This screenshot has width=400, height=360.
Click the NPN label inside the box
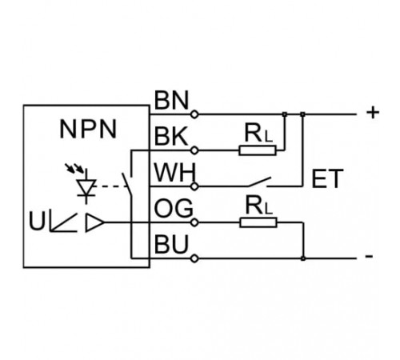[x=88, y=130]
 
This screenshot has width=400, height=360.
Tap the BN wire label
[x=171, y=100]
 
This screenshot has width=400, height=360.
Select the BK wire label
[x=171, y=136]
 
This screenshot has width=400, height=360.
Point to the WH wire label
[x=175, y=173]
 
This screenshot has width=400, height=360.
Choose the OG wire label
[x=174, y=208]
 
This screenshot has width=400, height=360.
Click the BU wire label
[x=171, y=244]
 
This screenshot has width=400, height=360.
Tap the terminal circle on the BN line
[x=194, y=114]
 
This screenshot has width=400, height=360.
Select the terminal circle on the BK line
[x=194, y=150]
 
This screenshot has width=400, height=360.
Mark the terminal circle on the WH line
[x=194, y=186]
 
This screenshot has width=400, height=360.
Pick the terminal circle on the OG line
[x=194, y=222]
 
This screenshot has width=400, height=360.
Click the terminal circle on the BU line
[x=194, y=258]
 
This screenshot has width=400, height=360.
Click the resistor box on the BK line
[x=258, y=150]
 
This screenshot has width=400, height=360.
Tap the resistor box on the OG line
[x=258, y=222]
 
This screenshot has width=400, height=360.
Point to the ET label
[x=327, y=178]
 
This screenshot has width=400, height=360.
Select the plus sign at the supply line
[x=373, y=113]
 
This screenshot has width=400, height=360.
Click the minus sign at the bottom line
[x=370, y=257]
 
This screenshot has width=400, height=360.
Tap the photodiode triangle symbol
[x=86, y=187]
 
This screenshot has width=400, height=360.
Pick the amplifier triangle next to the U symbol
[x=94, y=222]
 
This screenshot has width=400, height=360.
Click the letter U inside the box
[x=37, y=221]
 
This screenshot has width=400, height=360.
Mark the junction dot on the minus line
[x=302, y=258]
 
